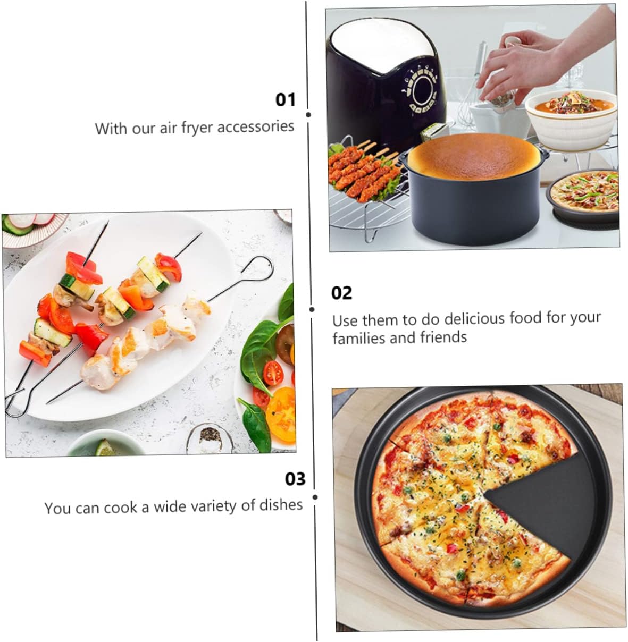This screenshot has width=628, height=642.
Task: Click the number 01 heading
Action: tap(285, 99)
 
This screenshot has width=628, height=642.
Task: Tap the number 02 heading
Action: tap(341, 292)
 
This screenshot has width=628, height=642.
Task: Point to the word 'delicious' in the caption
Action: tap(475, 319)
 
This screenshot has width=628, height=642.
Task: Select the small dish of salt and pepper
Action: tap(211, 438)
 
